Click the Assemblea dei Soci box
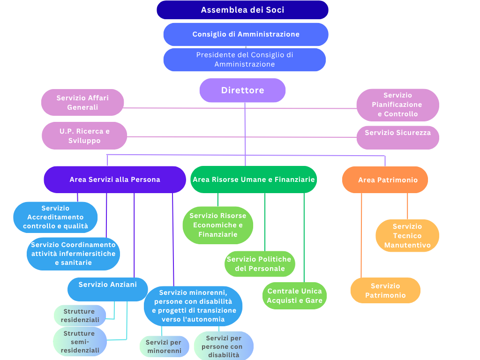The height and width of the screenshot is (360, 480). click(x=242, y=10)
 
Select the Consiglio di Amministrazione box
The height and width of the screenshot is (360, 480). click(x=246, y=34)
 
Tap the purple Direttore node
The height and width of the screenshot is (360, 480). click(x=242, y=90)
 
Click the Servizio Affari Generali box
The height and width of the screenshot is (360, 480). click(x=82, y=103)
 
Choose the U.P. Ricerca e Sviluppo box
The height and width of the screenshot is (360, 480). click(x=84, y=136)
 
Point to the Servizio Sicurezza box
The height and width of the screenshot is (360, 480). click(x=397, y=133)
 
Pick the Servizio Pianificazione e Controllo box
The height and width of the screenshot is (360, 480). click(x=397, y=105)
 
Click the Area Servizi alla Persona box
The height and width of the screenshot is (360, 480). click(x=115, y=180)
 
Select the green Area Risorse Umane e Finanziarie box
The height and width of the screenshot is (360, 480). click(x=254, y=180)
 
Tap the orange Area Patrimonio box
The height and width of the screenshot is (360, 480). click(x=385, y=180)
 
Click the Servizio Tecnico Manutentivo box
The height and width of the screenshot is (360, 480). click(x=407, y=236)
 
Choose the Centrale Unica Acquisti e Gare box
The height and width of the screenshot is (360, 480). click(x=294, y=296)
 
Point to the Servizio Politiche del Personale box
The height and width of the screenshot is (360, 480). click(x=259, y=264)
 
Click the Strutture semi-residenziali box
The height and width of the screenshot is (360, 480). click(x=80, y=342)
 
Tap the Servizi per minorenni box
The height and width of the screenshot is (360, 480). click(x=164, y=346)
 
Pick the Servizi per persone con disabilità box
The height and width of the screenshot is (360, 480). click(x=223, y=346)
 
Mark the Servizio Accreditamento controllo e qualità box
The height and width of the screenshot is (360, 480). click(x=55, y=217)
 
